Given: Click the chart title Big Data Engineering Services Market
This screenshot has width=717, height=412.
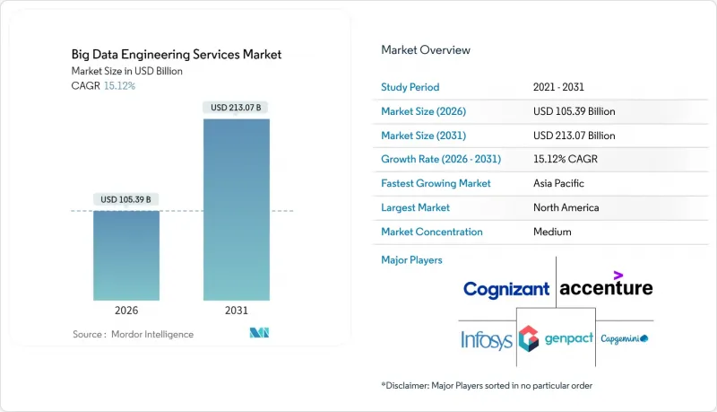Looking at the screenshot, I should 177,55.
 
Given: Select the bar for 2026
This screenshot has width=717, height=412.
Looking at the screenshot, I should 126,255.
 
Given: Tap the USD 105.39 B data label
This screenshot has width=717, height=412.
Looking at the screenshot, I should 126,198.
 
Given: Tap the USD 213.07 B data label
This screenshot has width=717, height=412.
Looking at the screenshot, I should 237,108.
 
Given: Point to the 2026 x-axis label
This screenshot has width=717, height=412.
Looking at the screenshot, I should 126,311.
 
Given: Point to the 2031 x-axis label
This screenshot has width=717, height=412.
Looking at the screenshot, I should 237,311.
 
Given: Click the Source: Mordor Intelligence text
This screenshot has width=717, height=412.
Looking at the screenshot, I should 133,335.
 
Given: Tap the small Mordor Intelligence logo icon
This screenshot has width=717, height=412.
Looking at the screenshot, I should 259,334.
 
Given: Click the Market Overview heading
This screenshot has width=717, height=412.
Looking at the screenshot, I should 426,50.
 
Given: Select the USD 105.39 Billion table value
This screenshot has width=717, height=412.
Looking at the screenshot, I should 574,111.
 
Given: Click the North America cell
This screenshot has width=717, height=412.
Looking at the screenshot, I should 566,207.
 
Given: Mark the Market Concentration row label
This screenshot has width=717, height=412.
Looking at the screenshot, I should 432,232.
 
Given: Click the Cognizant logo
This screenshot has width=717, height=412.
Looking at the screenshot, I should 506,289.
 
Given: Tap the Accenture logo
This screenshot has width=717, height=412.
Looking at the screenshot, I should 606,286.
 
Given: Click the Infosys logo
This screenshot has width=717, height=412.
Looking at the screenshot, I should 487,339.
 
